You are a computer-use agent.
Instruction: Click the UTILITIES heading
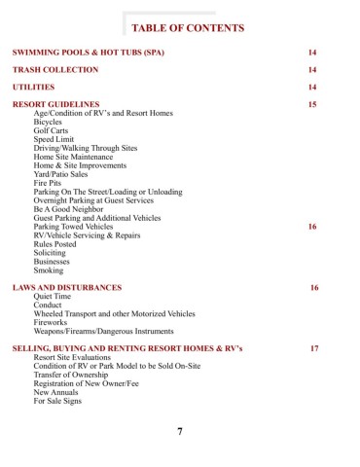click(x=33, y=87)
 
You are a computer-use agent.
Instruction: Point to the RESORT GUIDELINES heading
click(x=55, y=104)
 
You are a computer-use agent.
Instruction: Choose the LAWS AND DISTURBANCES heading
click(x=66, y=289)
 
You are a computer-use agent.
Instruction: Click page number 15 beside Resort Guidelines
click(x=311, y=104)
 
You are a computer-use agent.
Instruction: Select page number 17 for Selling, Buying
click(x=314, y=347)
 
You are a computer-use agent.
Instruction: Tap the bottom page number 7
click(x=181, y=432)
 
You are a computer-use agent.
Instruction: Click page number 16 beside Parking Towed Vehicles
click(x=311, y=227)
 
